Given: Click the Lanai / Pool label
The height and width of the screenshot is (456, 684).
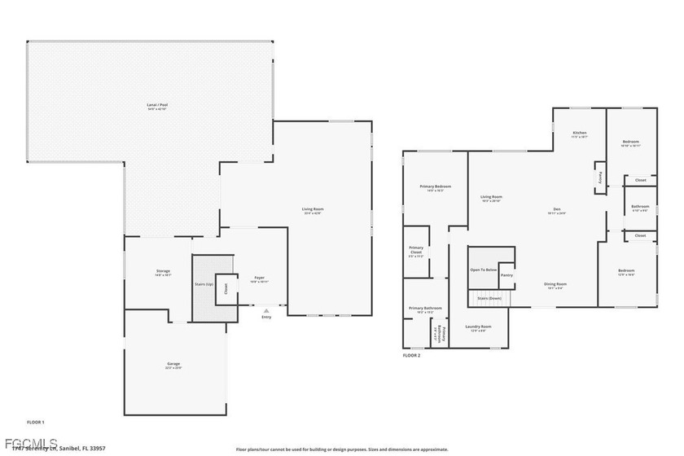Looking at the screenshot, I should (x=147, y=105).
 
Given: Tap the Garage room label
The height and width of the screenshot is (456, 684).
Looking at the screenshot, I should (x=173, y=363).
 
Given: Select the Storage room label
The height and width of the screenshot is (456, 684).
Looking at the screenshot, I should (x=163, y=271).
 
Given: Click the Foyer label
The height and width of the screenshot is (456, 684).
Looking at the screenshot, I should (x=259, y=278).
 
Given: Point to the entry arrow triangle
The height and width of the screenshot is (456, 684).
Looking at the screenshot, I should (x=265, y=310).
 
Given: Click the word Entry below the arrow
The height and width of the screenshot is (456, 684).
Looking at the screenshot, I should (x=265, y=317).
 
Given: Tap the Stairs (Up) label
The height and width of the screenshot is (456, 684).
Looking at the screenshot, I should (x=204, y=284).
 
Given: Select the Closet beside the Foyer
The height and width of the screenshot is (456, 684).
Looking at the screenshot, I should (x=226, y=287).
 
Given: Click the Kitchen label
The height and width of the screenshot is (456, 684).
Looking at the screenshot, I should (x=579, y=133).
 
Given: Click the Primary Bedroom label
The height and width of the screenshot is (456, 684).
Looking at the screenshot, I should (x=436, y=186).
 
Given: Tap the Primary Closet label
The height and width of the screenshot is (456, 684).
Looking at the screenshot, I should (x=415, y=249).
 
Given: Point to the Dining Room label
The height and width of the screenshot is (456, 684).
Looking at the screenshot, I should (x=555, y=283).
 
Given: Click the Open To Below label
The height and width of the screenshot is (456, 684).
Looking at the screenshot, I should (x=482, y=270).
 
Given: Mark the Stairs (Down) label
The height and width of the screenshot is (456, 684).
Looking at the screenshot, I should (x=489, y=299).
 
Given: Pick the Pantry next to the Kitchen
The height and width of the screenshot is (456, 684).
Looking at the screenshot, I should (x=600, y=175).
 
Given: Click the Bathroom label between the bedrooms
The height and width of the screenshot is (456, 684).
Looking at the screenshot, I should (x=640, y=206).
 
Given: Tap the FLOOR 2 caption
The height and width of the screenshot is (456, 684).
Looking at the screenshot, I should (x=412, y=356).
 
